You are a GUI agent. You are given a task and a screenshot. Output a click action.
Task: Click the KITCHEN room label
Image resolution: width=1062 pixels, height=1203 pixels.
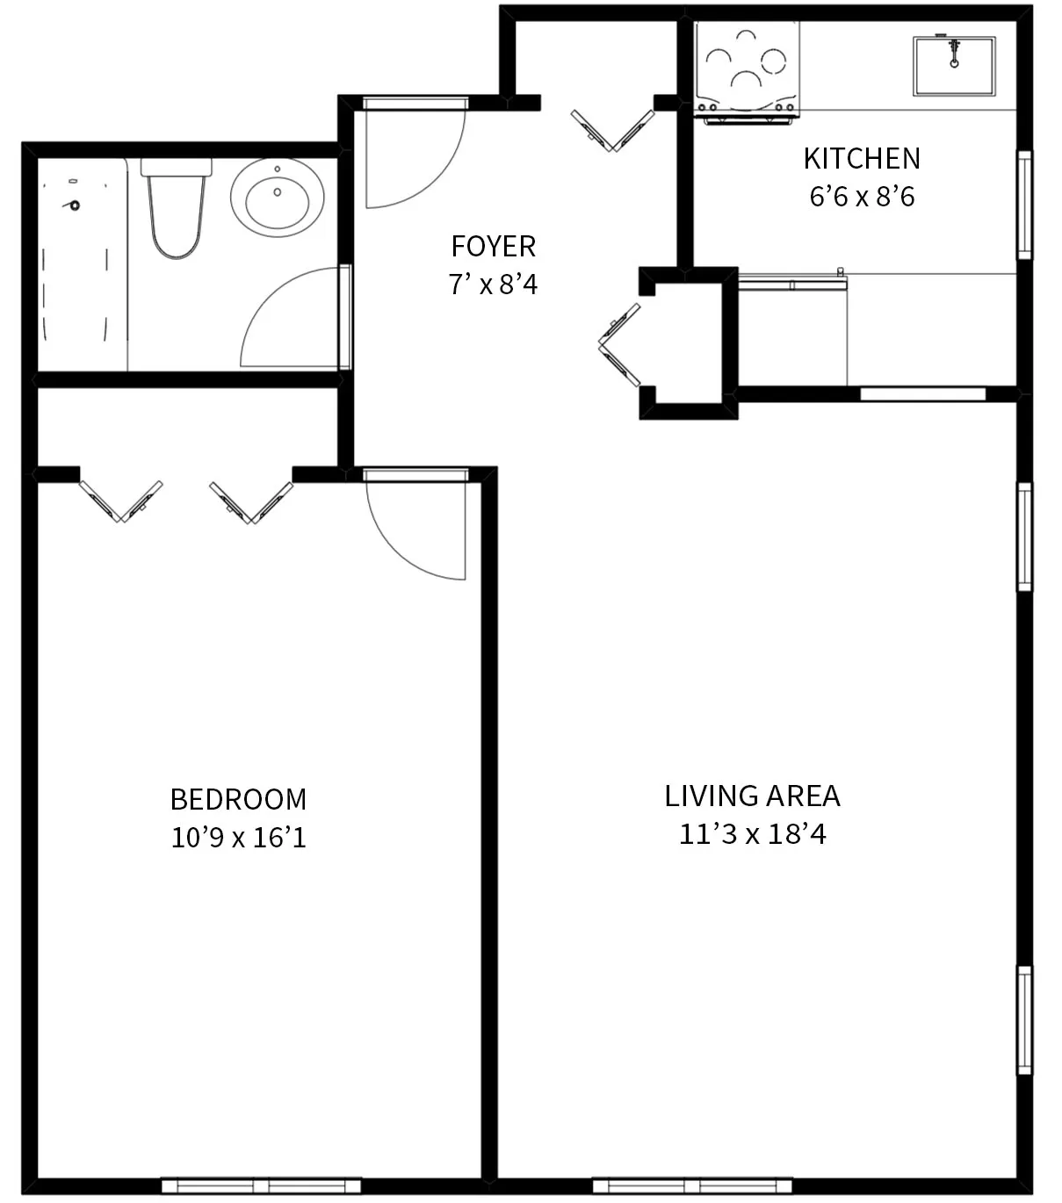pos(862,159)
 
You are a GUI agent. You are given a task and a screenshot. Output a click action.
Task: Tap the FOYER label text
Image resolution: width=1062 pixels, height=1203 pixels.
pos(493,247)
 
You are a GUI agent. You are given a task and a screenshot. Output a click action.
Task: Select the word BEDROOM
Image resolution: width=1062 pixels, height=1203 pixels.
pos(238,799)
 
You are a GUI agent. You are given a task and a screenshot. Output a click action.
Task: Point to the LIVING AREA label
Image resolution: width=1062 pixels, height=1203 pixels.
pos(752,796)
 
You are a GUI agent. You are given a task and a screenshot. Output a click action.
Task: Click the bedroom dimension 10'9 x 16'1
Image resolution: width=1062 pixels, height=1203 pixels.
pos(238,838)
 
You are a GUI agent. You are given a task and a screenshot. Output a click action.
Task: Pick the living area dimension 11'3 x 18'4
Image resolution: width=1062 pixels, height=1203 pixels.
pos(752,834)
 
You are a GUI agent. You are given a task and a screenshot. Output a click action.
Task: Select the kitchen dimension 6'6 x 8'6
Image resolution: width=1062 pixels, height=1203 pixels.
pos(862,197)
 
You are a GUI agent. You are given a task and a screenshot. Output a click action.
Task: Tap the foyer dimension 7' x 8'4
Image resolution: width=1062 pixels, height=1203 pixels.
pos(493,285)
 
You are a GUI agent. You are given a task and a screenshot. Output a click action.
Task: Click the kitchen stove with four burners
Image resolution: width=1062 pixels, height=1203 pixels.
pos(747,68)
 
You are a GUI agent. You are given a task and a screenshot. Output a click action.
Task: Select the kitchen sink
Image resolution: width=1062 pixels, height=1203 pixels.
pos(954,66)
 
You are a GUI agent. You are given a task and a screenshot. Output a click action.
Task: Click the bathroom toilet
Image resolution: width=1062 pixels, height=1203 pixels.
pos(177,208)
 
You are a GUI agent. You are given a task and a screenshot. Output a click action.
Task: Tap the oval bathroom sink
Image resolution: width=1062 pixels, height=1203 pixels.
pos(277,198)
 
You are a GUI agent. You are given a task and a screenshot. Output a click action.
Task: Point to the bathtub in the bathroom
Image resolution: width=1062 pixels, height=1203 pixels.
pos(82,263)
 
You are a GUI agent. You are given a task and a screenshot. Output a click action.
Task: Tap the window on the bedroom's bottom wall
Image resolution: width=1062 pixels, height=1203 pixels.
pos(261,1185)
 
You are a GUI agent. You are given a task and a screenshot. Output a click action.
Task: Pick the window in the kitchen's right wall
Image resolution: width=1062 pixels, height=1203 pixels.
pos(1024,205)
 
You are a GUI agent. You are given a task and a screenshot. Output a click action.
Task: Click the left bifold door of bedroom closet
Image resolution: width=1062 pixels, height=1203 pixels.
pos(120,501)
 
